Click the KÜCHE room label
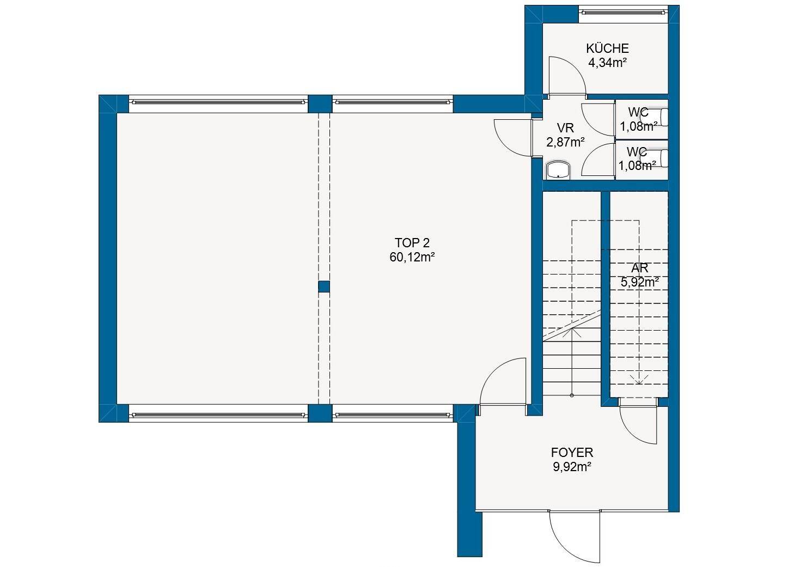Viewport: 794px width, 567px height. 607,48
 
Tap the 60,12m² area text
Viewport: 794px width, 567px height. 412,257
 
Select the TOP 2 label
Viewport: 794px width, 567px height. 412,243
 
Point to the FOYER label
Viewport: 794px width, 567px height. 572,453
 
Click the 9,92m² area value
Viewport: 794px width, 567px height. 572,467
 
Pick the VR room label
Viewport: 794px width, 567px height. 565,127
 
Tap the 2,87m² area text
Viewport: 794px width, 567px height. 565,142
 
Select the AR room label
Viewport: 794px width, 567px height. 640,268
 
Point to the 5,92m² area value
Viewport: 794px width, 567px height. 640,282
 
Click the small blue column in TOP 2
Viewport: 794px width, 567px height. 323,286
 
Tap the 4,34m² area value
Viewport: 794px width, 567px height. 607,63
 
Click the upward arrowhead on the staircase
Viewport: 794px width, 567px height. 572,332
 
